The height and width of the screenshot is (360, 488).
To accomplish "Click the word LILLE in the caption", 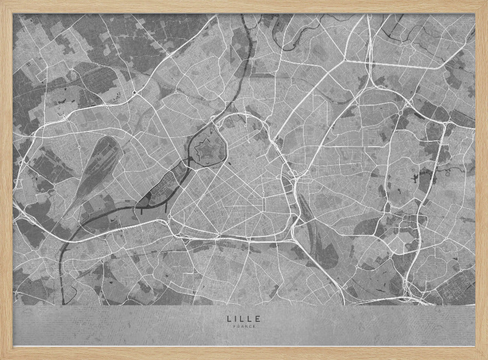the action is coord(244,318).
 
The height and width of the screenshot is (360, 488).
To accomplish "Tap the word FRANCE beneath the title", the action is coord(244,327).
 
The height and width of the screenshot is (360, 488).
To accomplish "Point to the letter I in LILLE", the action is coord(236,318).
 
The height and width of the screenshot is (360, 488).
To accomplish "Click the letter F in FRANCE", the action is coord(235,327).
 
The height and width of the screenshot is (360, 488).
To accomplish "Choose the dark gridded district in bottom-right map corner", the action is coord(456,291).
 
